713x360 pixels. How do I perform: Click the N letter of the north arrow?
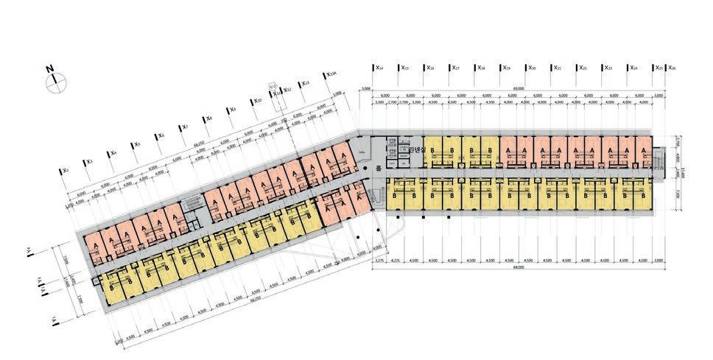50,69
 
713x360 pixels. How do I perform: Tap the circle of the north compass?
56,82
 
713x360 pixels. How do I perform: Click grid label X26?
670,68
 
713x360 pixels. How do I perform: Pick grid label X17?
455,68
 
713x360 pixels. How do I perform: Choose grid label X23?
608,68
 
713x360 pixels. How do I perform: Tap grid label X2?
65,171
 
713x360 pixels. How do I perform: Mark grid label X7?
184,127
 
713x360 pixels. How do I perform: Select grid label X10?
257,102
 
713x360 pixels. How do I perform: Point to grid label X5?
137,145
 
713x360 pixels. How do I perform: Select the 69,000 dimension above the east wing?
519,89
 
